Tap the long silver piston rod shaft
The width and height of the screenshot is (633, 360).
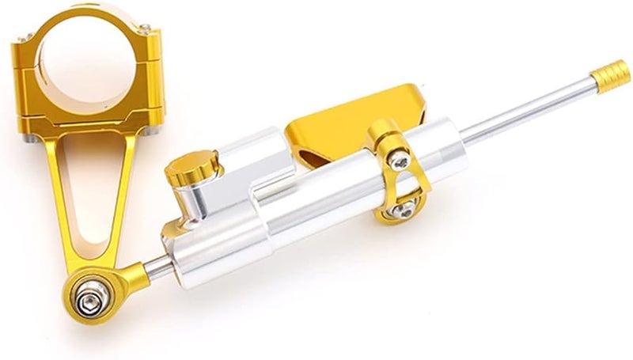[522, 111]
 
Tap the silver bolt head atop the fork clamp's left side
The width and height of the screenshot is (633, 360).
[24, 40]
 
